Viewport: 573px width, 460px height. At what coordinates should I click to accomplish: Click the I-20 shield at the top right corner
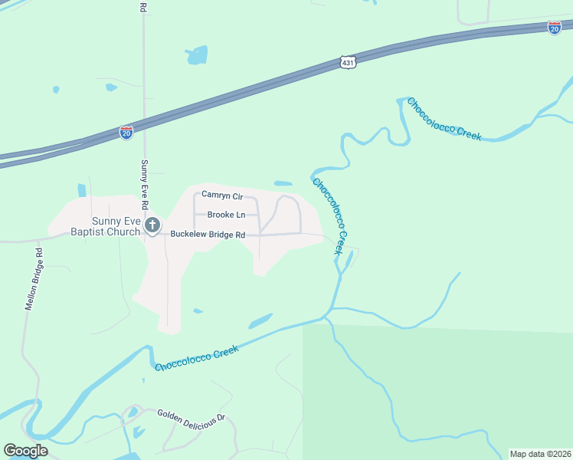coord(555,28)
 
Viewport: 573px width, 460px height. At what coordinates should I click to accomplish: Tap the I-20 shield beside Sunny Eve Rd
coord(126,133)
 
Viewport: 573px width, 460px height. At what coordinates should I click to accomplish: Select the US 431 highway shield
coord(348,62)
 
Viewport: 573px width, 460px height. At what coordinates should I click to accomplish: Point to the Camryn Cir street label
coord(221,196)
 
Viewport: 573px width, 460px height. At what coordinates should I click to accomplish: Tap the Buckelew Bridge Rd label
coord(208,235)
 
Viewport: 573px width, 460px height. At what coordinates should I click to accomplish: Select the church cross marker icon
coord(152,225)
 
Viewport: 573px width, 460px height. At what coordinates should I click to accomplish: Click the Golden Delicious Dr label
coord(192,418)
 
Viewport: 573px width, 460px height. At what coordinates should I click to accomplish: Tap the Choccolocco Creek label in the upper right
coord(444,119)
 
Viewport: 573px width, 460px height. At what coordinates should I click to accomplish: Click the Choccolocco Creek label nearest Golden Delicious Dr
coord(197,359)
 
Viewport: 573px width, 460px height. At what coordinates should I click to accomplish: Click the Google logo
coord(25,451)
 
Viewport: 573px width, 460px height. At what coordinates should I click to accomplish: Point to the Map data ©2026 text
coord(540,454)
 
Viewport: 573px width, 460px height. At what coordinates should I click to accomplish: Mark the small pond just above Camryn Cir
coord(283,184)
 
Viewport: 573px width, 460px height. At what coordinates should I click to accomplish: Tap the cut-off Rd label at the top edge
coord(143,6)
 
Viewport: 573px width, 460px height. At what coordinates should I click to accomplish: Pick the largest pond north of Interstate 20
coord(197,54)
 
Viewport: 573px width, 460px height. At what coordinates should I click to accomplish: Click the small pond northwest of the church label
coord(82,190)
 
